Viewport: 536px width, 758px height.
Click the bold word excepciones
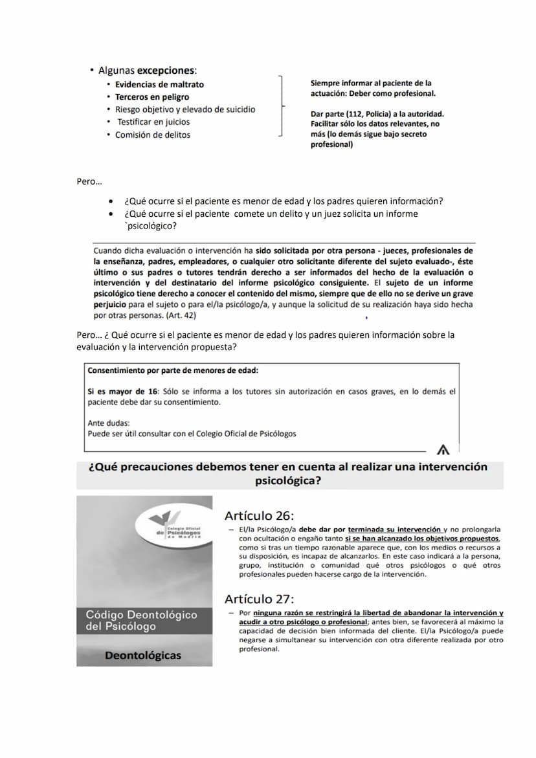point(166,70)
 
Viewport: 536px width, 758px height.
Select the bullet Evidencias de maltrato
point(159,84)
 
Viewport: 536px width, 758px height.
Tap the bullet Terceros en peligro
point(152,97)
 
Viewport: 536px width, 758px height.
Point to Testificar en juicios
point(153,122)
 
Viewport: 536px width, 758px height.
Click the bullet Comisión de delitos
point(153,135)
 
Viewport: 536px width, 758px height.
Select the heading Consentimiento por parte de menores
point(172,371)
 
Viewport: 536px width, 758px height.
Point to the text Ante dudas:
point(108,423)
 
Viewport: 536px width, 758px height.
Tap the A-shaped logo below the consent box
point(443,449)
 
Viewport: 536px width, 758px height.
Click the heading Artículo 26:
point(259,516)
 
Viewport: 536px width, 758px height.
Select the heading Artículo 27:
point(259,599)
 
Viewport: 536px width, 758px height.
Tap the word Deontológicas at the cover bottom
point(143,656)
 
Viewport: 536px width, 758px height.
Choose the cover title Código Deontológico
point(141,614)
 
